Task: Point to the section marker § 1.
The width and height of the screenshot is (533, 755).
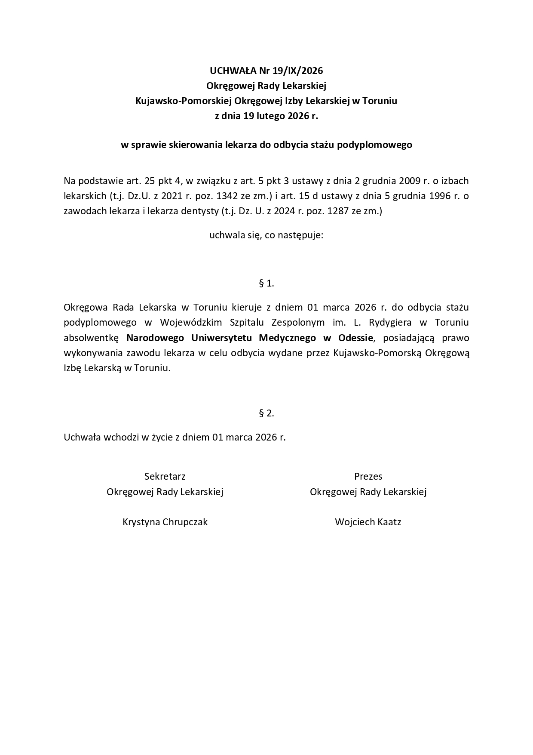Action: pyautogui.click(x=266, y=283)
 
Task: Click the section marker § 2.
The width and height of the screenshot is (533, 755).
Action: pyautogui.click(x=266, y=413)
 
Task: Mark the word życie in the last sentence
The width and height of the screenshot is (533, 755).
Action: pyautogui.click(x=162, y=438)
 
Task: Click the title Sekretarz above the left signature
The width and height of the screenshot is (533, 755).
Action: pyautogui.click(x=165, y=476)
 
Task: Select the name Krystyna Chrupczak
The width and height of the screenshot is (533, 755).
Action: pyautogui.click(x=165, y=522)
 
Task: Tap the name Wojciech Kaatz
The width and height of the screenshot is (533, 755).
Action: pyautogui.click(x=368, y=522)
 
